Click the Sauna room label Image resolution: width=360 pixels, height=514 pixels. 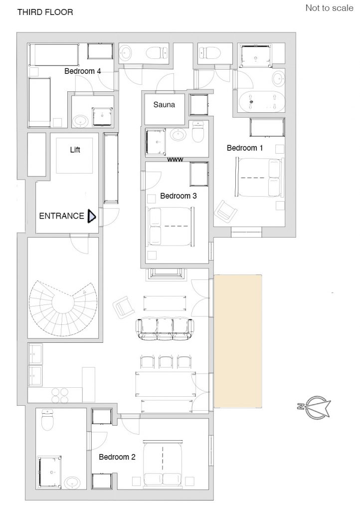pos(164,105)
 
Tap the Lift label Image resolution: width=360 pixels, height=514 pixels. pos(75,150)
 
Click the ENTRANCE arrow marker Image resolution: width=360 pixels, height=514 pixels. pos(91,217)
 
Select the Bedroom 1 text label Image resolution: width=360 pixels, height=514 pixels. pos(245,148)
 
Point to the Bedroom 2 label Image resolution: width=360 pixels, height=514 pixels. pos(117,457)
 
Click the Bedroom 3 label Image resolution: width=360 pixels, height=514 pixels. pos(178,196)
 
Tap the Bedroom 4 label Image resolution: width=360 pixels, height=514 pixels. pos(83,71)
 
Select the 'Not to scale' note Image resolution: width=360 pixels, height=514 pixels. pos(329,8)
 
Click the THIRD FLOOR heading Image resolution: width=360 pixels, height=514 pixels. pos(45,12)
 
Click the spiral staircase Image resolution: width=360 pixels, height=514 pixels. pos(63,308)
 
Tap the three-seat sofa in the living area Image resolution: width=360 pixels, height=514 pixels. pos(165,328)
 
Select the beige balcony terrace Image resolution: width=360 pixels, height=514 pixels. pos(238,341)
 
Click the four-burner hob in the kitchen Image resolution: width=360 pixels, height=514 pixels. pos(60,395)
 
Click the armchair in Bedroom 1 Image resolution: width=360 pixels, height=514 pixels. pos(226,211)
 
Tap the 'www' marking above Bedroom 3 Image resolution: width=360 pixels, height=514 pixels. pos(175,160)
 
